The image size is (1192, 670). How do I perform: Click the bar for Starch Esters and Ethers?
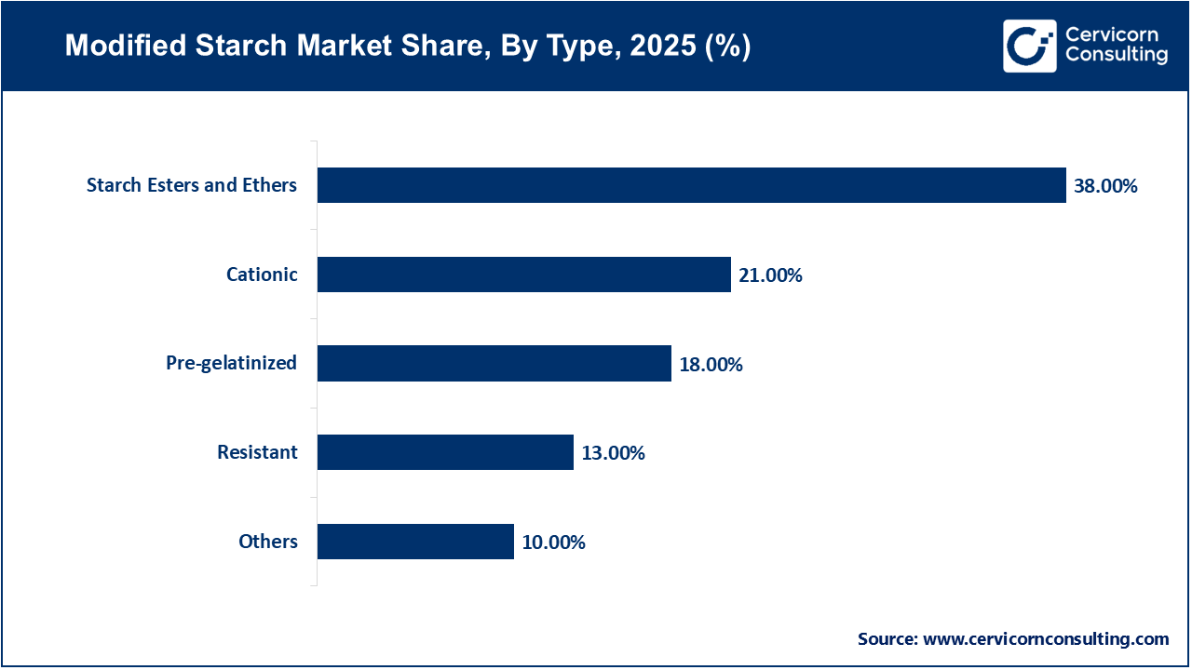coord(691,185)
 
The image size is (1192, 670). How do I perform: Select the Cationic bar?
coord(523,275)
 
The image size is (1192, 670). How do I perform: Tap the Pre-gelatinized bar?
coord(494,363)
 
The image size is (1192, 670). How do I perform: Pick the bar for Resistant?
coord(445,452)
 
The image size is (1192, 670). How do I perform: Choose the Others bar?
coord(415,542)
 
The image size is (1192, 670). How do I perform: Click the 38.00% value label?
coord(1105,186)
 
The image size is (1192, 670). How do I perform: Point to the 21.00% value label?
coord(770,275)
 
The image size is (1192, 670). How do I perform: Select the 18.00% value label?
coord(711,365)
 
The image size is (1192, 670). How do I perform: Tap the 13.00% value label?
coord(613,453)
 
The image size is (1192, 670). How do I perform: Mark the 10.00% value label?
coord(553,543)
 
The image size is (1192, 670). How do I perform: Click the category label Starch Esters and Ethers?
coord(192,185)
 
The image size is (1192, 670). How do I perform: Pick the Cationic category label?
coord(262,275)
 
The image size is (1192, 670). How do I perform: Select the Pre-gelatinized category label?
coord(231,363)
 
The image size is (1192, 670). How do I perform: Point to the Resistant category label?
coord(257,452)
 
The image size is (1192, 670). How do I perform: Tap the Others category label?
coord(268,542)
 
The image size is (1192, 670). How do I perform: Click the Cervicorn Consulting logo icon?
coord(1029,46)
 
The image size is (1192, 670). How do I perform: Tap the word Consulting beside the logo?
coord(1117,56)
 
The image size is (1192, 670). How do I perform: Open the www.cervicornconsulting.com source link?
coord(1046,639)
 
